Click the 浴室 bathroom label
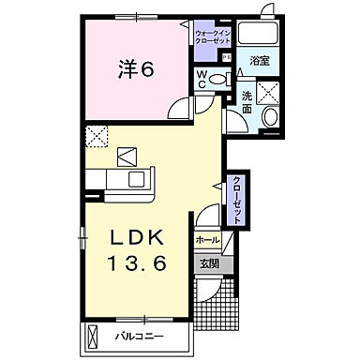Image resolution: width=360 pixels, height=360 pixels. pyautogui.click(x=259, y=59)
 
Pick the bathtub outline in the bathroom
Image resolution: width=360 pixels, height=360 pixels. pyautogui.click(x=258, y=32)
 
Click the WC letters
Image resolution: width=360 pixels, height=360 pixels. pyautogui.click(x=201, y=79)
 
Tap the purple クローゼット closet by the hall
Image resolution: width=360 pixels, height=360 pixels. pyautogui.click(x=239, y=197)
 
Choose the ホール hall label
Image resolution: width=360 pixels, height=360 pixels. pyautogui.click(x=206, y=241)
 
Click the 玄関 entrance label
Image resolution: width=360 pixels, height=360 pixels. pyautogui.click(x=207, y=264)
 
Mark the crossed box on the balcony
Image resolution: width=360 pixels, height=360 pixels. pyautogui.click(x=94, y=335)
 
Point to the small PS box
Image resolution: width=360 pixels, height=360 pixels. pyautogui.click(x=226, y=56)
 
